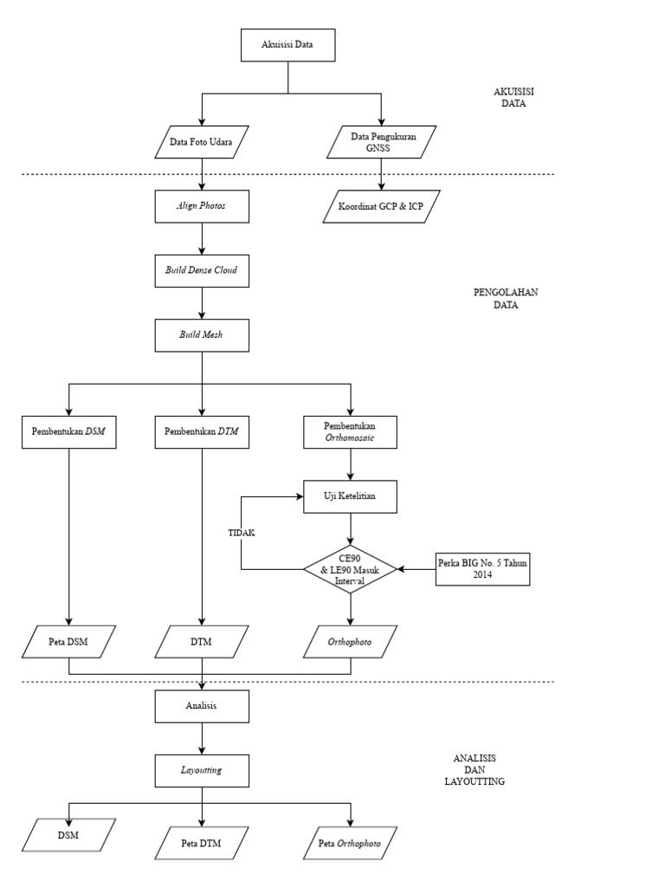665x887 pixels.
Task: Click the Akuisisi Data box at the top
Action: click(287, 45)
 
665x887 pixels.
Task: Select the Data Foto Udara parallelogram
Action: click(202, 142)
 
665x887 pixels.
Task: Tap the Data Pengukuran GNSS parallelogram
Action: click(382, 142)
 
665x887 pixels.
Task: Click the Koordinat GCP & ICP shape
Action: click(382, 206)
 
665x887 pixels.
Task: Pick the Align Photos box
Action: click(202, 206)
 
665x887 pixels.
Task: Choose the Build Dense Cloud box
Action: click(202, 271)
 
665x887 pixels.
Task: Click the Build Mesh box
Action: click(202, 335)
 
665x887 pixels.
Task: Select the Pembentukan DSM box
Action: click(69, 432)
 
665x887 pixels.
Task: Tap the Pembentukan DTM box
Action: click(202, 432)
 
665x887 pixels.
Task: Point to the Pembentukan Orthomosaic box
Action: click(350, 432)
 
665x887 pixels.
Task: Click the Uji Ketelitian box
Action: click(350, 496)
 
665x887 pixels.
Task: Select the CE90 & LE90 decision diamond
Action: click(350, 569)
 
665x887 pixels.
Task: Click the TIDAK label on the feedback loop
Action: click(242, 533)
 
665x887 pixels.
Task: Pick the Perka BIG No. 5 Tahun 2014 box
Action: click(482, 569)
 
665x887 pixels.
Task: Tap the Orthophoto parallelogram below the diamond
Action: click(350, 642)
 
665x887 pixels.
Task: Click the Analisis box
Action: click(202, 706)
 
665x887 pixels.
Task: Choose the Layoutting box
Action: click(202, 770)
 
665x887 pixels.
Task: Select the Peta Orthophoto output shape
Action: click(350, 843)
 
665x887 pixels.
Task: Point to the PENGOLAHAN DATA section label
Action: click(506, 299)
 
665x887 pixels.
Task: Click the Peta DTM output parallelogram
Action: click(202, 843)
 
